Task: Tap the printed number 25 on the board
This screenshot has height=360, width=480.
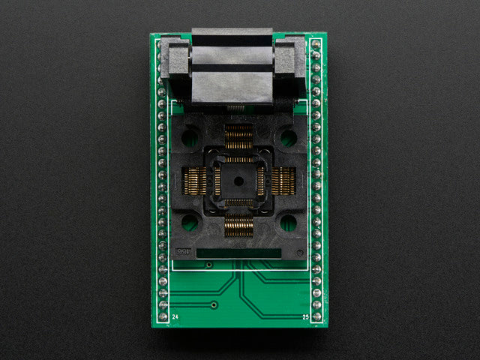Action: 306,317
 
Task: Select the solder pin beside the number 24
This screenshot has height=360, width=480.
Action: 162,316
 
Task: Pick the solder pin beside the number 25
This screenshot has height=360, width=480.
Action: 316,316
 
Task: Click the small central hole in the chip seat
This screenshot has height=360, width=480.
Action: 239,181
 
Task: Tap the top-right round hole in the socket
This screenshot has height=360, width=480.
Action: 288,137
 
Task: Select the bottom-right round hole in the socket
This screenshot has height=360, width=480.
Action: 288,223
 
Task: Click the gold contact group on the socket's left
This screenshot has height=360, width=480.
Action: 196,181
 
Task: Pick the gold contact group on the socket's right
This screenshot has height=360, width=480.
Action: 283,181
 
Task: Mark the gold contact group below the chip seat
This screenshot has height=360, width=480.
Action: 239,225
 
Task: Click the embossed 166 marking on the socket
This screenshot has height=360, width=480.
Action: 182,253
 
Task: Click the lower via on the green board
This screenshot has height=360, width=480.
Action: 214,305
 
